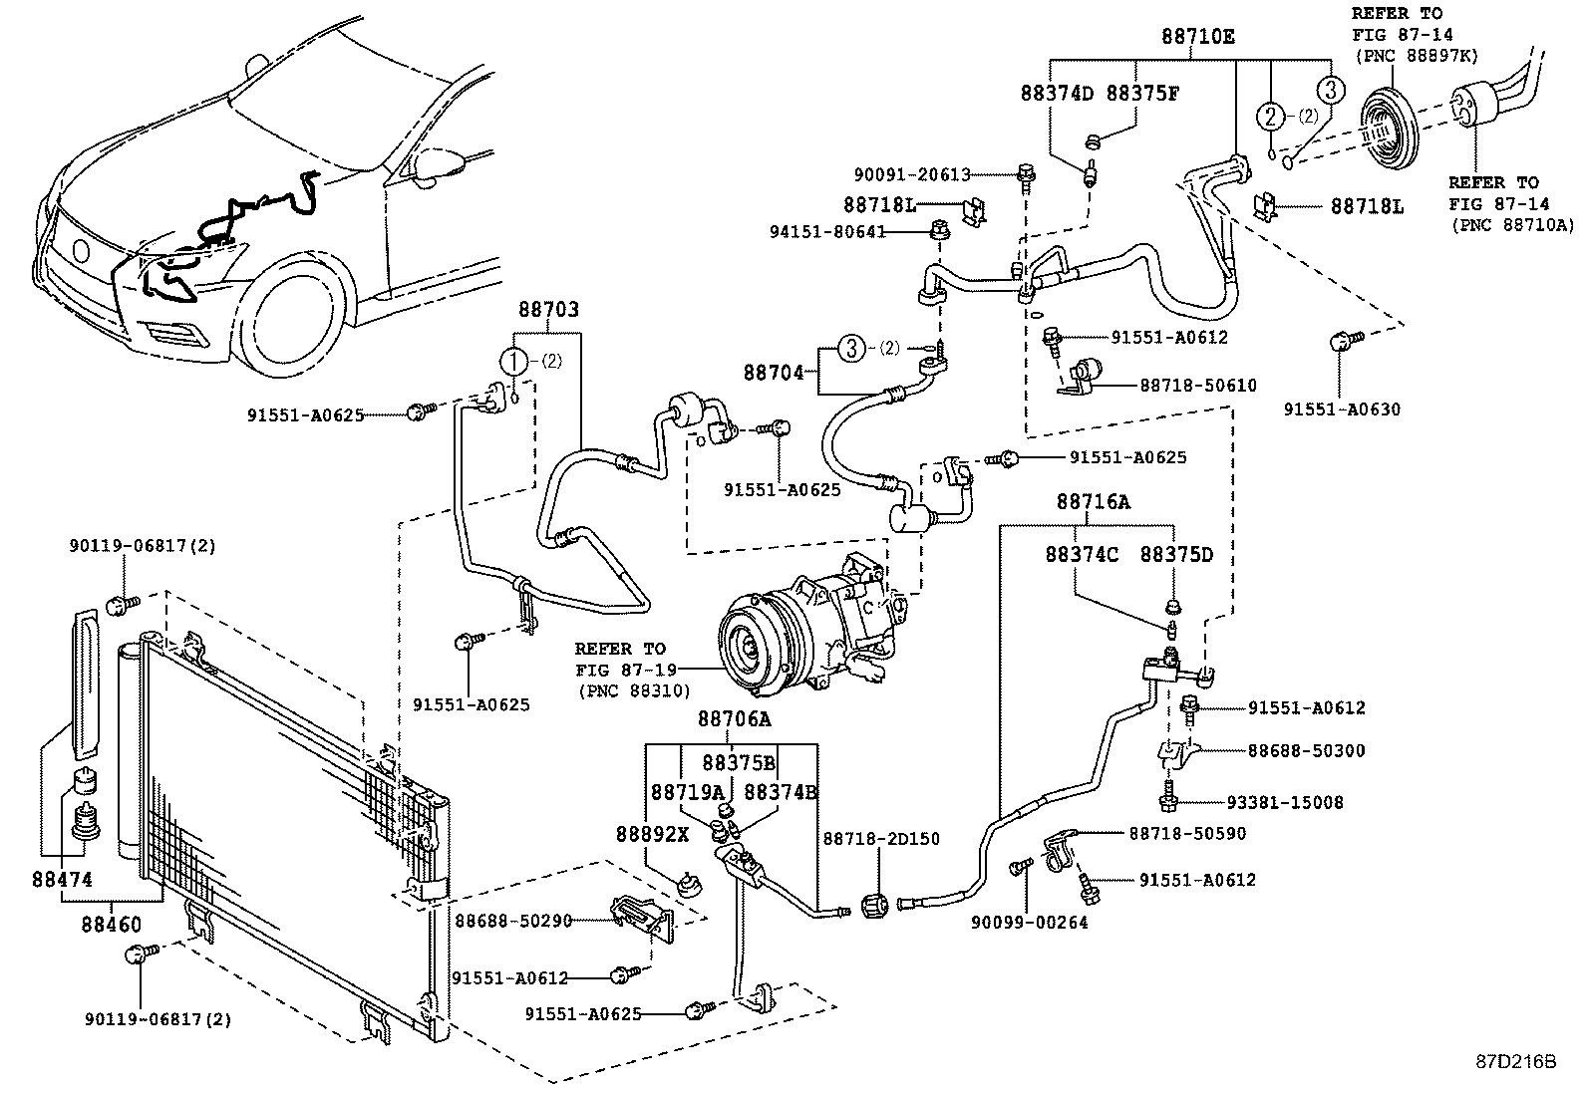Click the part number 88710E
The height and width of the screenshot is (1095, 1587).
1197,37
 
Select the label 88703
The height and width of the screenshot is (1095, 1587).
547,310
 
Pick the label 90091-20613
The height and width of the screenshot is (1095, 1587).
911,175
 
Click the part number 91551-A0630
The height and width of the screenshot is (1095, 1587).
1341,410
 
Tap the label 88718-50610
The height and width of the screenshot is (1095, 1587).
1197,385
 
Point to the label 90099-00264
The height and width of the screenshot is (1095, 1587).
1029,923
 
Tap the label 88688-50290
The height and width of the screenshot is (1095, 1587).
513,921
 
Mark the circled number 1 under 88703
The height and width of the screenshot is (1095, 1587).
513,361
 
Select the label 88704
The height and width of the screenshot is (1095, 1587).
773,373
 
